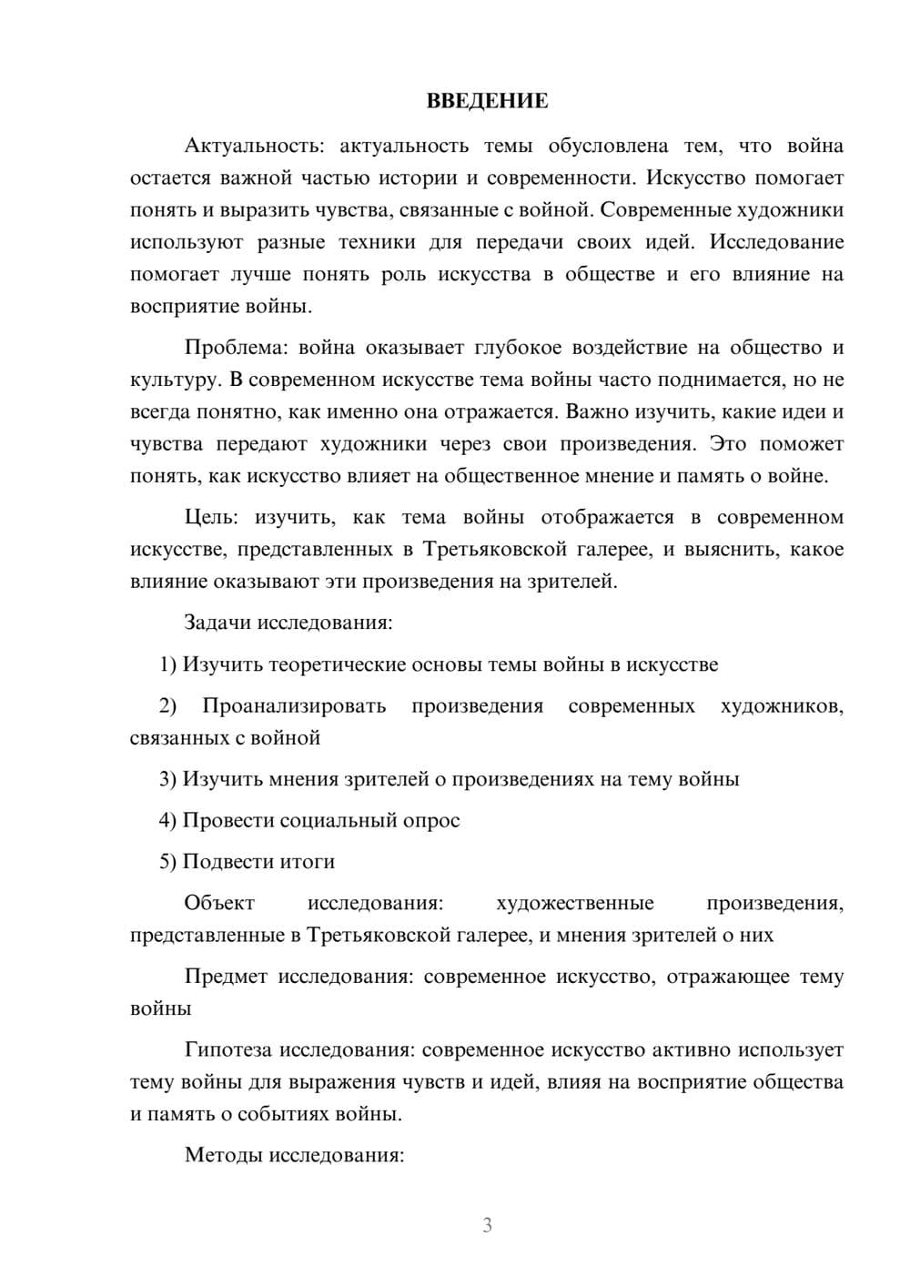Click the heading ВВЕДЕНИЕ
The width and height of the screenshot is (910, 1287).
coord(487,101)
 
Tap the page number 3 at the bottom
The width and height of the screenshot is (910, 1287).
coord(487,1225)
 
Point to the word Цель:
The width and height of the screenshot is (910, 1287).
coord(211,518)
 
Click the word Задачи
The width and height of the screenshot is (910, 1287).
coord(217,623)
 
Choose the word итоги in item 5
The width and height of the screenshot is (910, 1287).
coord(306,861)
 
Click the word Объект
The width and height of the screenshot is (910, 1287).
coord(219,903)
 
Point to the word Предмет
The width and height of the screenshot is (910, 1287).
coord(226,977)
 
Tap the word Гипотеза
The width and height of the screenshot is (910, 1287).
coord(228,1049)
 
